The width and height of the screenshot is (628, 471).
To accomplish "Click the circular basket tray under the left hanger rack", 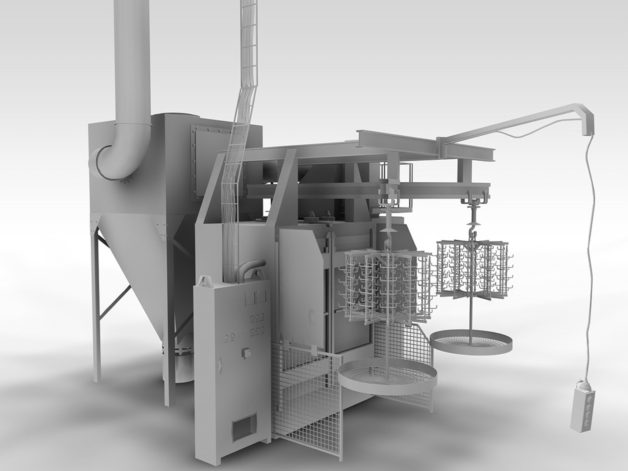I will tap(387, 376).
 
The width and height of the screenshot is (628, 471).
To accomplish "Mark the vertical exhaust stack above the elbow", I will tap(131, 57).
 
